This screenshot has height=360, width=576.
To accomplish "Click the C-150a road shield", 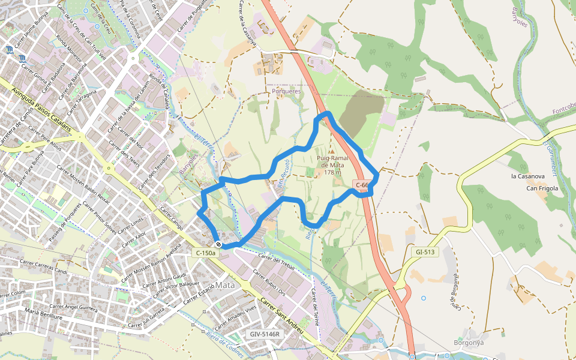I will tap(205, 253).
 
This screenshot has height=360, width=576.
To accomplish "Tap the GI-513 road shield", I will tap(425, 252).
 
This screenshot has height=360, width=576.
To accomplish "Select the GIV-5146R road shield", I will tap(265, 334).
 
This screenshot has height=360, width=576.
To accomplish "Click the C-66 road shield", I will tap(362, 185).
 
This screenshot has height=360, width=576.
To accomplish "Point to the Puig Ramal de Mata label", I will tap(332, 165).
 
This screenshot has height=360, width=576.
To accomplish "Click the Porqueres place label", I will tap(286, 91).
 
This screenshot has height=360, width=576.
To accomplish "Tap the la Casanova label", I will tap(527, 176).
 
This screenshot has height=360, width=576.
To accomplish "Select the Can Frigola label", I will tap(542, 188).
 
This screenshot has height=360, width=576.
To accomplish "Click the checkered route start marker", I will tap(220, 244).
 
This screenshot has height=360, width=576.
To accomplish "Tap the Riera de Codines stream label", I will tap(227, 343).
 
